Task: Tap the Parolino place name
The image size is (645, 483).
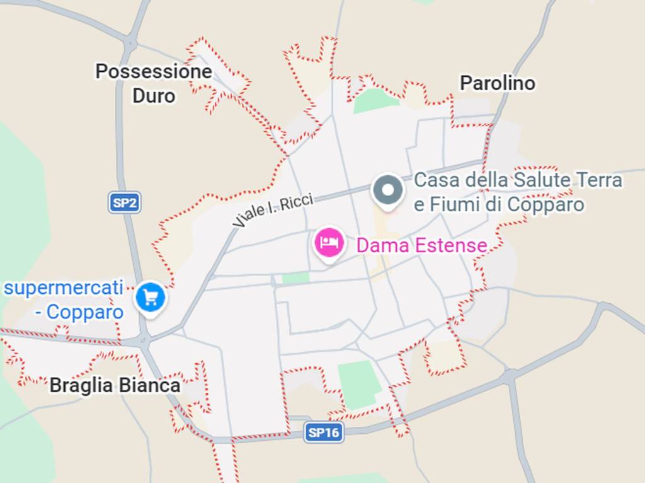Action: coord(497,83)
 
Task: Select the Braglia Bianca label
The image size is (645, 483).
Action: coord(115,385)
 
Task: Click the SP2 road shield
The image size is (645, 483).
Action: coord(124,203)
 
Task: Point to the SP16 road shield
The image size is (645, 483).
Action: coord(324,432)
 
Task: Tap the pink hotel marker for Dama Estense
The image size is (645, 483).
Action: coord(329,243)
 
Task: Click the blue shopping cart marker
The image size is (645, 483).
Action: coord(151,296)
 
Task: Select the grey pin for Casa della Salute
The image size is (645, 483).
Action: coord(387,190)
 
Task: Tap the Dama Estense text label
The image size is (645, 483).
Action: coord(421,245)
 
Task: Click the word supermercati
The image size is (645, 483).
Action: coord(63,288)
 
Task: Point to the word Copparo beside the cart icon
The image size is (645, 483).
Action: coord(85,312)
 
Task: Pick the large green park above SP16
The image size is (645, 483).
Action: coord(359,383)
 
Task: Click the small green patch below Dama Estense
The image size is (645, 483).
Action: coord(295,278)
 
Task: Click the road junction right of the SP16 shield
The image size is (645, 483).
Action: coord(509,376)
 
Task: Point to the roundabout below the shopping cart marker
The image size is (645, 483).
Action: coord(143,341)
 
